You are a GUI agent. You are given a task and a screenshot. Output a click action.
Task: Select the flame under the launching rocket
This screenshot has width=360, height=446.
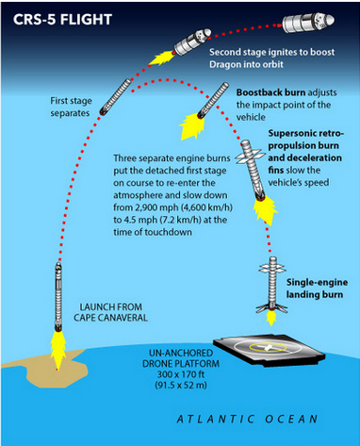(x=54, y=349)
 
